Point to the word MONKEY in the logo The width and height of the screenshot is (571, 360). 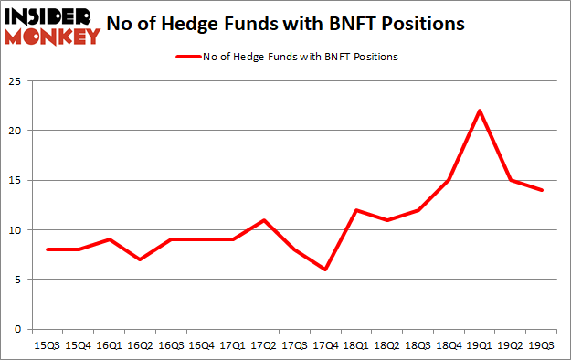click(51, 36)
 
